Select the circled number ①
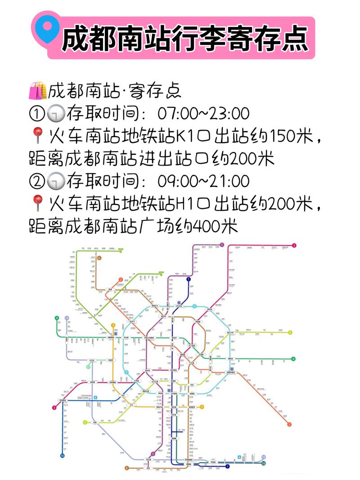36,113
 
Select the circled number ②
36,181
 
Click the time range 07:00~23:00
203,113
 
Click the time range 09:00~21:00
203,181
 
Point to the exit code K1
185,136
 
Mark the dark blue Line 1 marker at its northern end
189,279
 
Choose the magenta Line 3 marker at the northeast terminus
294,246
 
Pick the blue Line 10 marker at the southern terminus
62,456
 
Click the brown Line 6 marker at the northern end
99,258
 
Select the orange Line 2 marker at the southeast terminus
289,424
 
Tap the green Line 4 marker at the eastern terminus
293,359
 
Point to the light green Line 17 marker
88,367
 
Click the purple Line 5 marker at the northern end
222,245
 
